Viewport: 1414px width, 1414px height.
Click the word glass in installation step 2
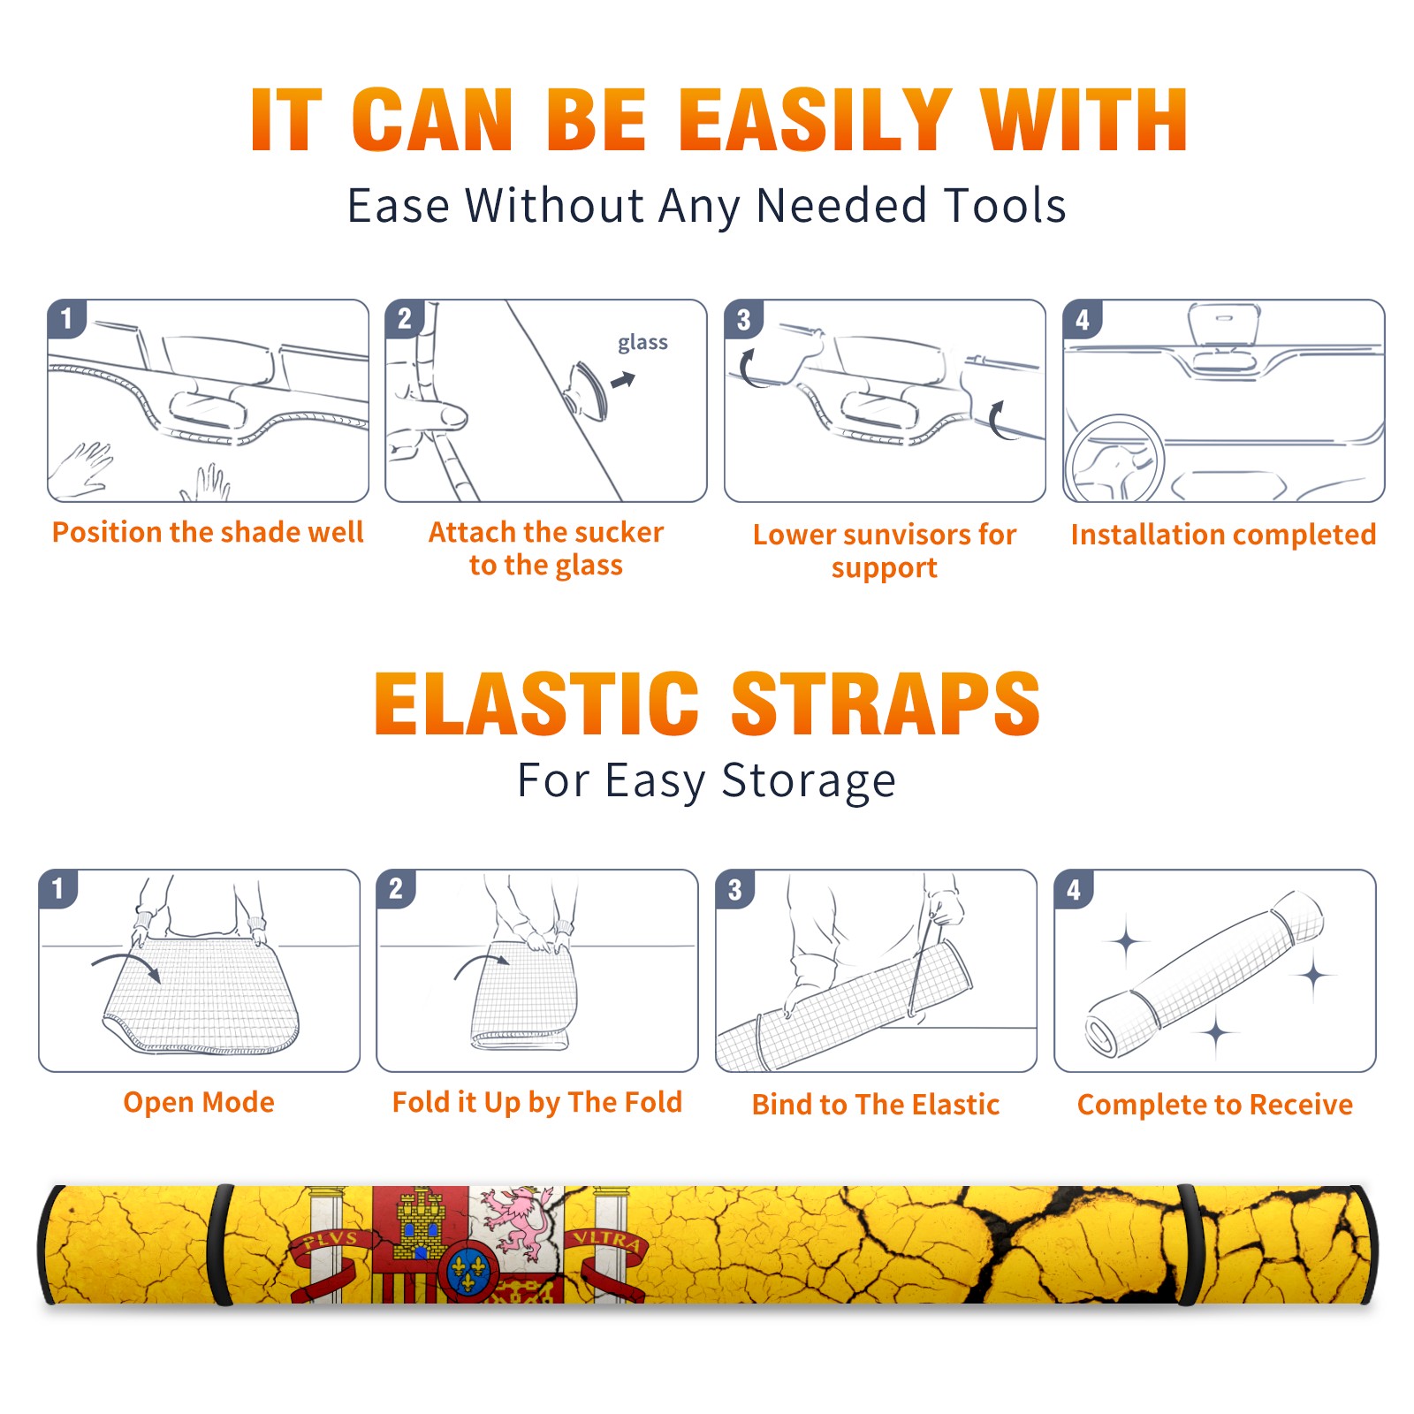pos(642,342)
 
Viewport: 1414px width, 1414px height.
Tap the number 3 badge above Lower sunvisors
pos(743,319)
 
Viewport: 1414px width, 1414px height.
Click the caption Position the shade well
pos(208,532)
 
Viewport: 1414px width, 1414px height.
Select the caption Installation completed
pos(1223,534)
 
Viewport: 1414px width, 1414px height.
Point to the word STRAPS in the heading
pos(886,703)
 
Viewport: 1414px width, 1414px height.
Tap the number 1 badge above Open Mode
pos(58,888)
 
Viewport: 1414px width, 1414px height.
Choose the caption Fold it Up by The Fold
pos(537,1102)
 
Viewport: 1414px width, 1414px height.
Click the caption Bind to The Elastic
pos(876,1104)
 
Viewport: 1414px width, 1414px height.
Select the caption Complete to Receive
pos(1215,1104)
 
